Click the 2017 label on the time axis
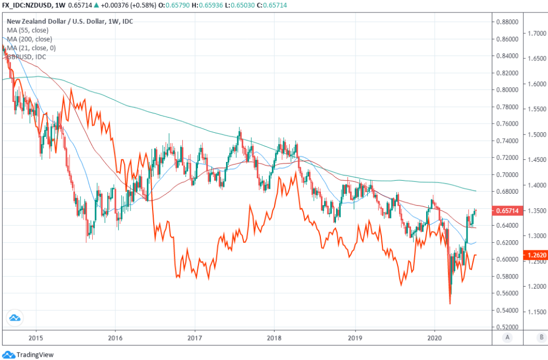(195, 337)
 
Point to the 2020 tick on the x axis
(434, 337)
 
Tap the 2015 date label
(36, 337)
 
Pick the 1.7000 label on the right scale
(536, 33)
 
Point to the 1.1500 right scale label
(536, 312)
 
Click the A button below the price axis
(508, 337)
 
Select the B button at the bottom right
(541, 337)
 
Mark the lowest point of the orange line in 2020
(450, 303)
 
